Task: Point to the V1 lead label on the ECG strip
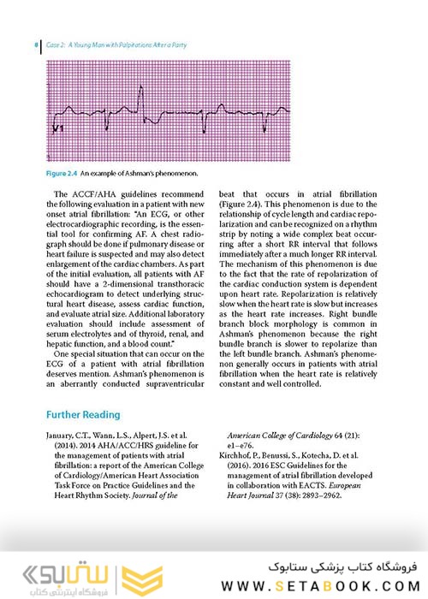coord(59,129)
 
